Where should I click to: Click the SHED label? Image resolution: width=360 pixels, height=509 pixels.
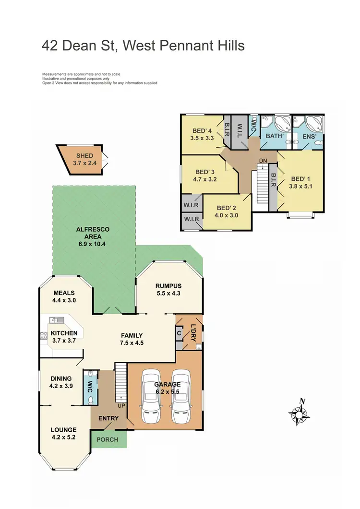pos(84,156)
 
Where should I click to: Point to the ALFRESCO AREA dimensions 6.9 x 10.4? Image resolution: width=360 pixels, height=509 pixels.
pos(94,244)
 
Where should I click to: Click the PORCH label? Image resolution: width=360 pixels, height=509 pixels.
pos(108,439)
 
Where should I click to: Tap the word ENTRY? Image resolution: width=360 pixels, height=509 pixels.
pos(108,418)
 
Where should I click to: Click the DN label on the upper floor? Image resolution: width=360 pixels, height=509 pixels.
pos(263,161)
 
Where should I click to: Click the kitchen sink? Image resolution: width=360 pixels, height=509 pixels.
pos(55,320)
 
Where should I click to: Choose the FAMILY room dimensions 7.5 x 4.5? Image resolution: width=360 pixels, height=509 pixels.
pos(132,343)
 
